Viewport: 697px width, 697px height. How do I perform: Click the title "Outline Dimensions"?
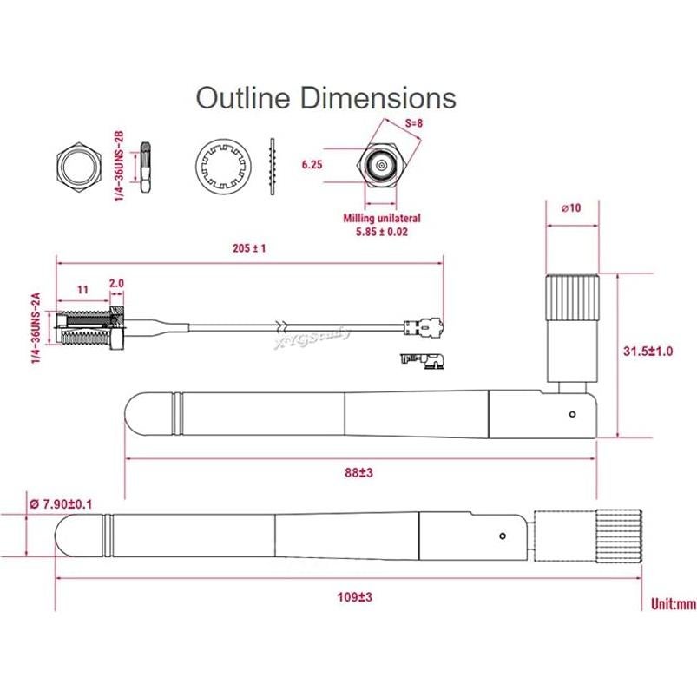click(x=325, y=97)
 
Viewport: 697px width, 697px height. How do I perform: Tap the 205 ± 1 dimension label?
click(x=249, y=247)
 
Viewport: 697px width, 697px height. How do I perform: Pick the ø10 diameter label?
click(x=571, y=208)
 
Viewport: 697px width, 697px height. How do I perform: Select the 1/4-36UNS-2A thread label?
click(x=36, y=330)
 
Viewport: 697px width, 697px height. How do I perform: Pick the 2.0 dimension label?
click(x=117, y=284)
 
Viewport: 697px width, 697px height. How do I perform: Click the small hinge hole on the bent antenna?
click(x=571, y=414)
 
